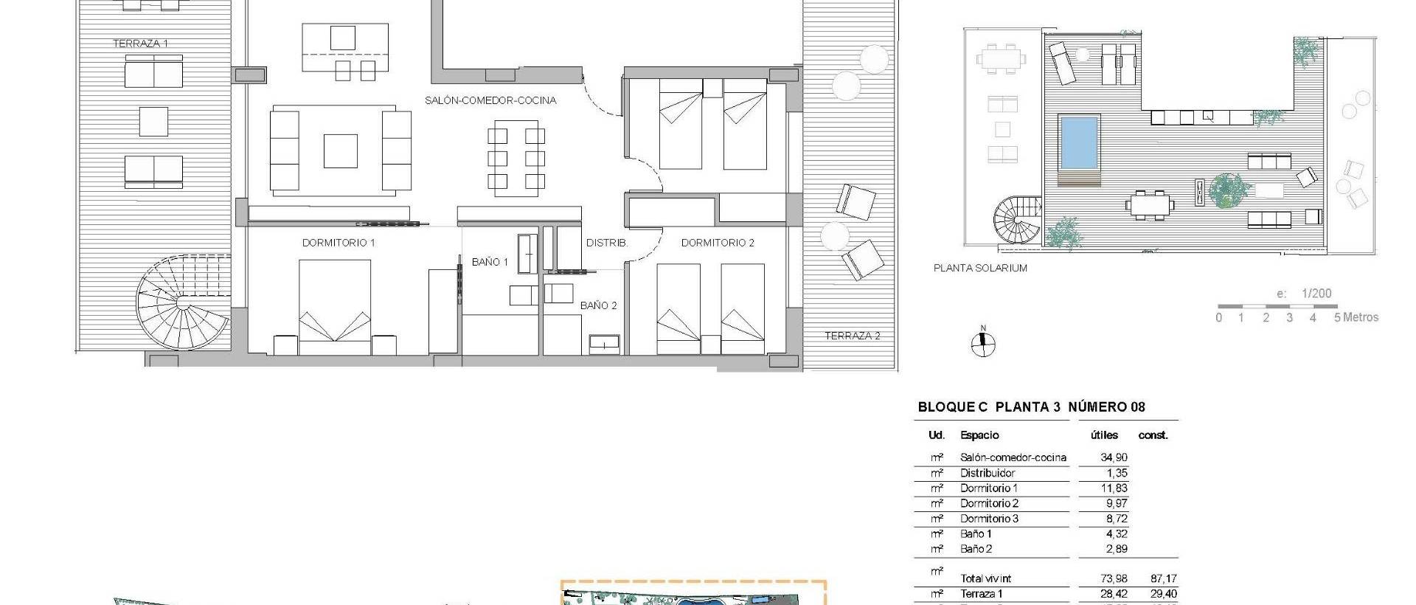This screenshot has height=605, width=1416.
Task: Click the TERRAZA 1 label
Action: [x=140, y=44]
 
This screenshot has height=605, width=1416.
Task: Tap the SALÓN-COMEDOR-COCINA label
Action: [x=490, y=100]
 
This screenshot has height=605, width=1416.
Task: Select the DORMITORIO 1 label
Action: [x=339, y=243]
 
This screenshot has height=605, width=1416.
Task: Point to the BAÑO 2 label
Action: [x=598, y=305]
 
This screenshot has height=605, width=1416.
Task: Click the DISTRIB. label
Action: [x=606, y=243]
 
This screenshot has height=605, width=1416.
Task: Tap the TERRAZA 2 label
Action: [x=852, y=336]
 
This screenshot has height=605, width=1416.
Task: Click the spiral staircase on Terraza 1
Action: [x=183, y=302]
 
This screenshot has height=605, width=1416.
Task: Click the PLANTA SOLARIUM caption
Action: [x=980, y=269]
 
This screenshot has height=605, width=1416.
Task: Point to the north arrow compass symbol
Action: [x=982, y=344]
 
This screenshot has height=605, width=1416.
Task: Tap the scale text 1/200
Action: [x=1316, y=294]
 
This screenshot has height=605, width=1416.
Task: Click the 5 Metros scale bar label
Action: [x=1356, y=318]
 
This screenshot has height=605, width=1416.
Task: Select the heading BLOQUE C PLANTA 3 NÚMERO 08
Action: [x=1031, y=407]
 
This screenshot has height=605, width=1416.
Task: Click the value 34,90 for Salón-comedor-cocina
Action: [x=1114, y=457]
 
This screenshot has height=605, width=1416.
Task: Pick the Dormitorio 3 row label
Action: [x=989, y=519]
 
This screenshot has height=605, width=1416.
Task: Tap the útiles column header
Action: [x=1104, y=435]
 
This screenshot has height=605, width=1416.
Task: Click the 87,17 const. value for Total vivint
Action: [x=1163, y=579]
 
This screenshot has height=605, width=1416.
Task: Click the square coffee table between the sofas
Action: [x=341, y=151]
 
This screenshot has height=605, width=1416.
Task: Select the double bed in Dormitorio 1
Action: [x=335, y=306]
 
